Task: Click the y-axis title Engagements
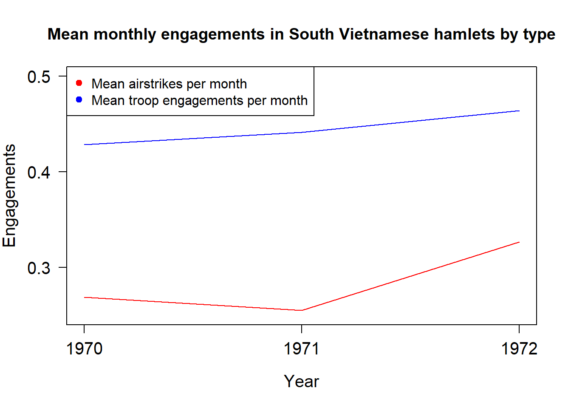click(9, 195)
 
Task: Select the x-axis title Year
click(301, 381)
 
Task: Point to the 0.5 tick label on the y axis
click(39, 77)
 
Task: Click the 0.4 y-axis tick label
click(39, 172)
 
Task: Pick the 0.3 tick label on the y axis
click(39, 268)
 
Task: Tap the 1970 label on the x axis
click(84, 348)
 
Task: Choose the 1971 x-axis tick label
click(301, 348)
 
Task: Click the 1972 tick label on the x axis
click(519, 348)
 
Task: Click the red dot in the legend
click(79, 83)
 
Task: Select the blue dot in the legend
click(79, 99)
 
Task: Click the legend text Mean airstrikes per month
click(169, 84)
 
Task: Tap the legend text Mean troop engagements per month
click(199, 100)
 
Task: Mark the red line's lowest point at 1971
click(302, 310)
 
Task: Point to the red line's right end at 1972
click(519, 242)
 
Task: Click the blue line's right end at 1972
click(519, 111)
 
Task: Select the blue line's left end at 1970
click(85, 144)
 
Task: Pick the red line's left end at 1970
click(85, 297)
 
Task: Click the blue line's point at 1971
click(302, 133)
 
